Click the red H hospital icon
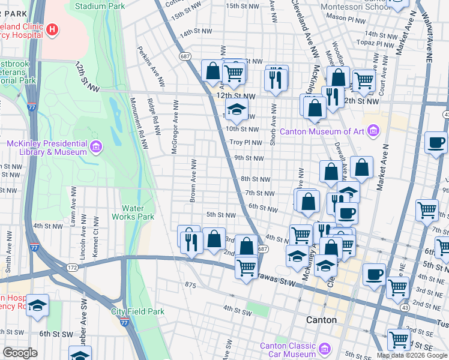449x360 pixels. click(x=53, y=29)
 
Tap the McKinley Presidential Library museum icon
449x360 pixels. click(x=95, y=146)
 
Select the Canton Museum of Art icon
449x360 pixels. click(x=373, y=130)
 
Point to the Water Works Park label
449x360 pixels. click(x=134, y=213)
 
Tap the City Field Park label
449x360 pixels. click(x=137, y=311)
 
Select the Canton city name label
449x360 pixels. click(x=321, y=320)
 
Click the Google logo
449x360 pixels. click(x=20, y=353)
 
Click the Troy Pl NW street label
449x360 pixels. click(x=247, y=143)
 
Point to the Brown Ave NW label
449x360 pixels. click(x=193, y=181)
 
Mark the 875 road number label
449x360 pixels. click(x=191, y=284)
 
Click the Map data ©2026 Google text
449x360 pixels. click(x=412, y=355)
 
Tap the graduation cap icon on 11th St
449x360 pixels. click(x=237, y=109)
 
